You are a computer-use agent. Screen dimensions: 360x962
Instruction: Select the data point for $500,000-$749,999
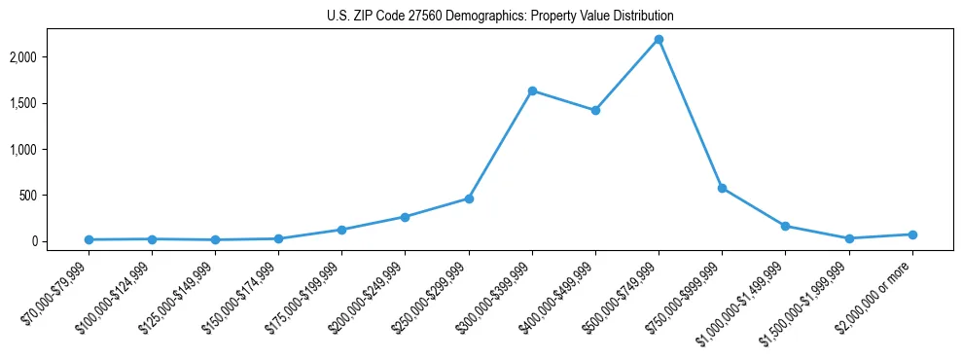click(x=659, y=39)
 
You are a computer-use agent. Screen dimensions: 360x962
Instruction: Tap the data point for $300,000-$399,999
click(x=532, y=90)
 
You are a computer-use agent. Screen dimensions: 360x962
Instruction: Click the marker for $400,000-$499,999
click(x=595, y=110)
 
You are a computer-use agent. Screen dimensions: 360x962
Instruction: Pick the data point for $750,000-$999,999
click(x=722, y=188)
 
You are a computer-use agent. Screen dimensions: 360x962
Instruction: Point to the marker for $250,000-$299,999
click(x=469, y=198)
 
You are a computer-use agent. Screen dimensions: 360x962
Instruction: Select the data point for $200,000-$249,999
click(x=406, y=217)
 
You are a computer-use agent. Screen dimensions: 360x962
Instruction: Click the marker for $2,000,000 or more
click(x=912, y=234)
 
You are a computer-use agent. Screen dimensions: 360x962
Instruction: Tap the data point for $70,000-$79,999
click(x=89, y=239)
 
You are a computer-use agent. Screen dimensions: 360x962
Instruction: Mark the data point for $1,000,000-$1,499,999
click(x=785, y=226)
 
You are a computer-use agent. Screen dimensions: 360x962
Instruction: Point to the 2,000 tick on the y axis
click(x=50, y=57)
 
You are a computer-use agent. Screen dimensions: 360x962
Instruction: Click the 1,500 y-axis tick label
click(x=50, y=103)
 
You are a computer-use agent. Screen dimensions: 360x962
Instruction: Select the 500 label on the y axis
click(x=54, y=196)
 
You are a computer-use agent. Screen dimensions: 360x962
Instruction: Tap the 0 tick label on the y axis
click(x=60, y=241)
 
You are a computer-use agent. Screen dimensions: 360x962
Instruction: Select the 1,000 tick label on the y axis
click(x=50, y=150)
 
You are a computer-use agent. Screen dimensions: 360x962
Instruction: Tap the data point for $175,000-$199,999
click(x=341, y=230)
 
